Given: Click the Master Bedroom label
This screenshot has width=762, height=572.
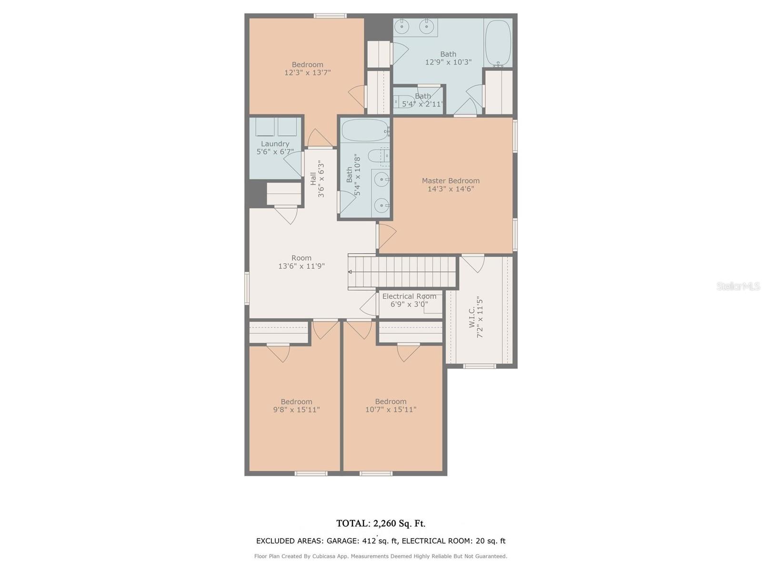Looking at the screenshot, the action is point(450,181).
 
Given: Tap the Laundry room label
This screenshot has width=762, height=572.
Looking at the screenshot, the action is point(275,144).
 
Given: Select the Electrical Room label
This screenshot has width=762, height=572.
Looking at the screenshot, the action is point(409,296).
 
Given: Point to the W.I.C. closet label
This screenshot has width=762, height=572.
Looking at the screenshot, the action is point(472,317).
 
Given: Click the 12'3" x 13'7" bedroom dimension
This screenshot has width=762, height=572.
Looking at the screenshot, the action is point(308,72).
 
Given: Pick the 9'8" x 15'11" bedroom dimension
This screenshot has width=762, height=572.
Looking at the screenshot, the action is point(297,409).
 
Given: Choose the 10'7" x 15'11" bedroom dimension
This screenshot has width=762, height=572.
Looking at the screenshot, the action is point(391,409).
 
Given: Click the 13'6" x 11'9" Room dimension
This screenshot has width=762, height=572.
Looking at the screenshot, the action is point(301,266).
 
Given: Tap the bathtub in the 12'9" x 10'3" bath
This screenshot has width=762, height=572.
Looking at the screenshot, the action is point(498,43).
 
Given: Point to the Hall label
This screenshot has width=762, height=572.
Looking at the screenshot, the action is point(313,178).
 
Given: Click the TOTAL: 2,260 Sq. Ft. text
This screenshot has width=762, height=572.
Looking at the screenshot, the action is point(381,523).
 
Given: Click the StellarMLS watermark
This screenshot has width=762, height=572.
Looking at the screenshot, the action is point(738,286).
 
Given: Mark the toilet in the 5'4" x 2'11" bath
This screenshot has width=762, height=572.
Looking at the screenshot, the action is point(404,101).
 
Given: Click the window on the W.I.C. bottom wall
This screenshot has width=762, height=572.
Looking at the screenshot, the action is point(480,366).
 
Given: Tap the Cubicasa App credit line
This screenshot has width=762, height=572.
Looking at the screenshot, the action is point(381,556).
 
